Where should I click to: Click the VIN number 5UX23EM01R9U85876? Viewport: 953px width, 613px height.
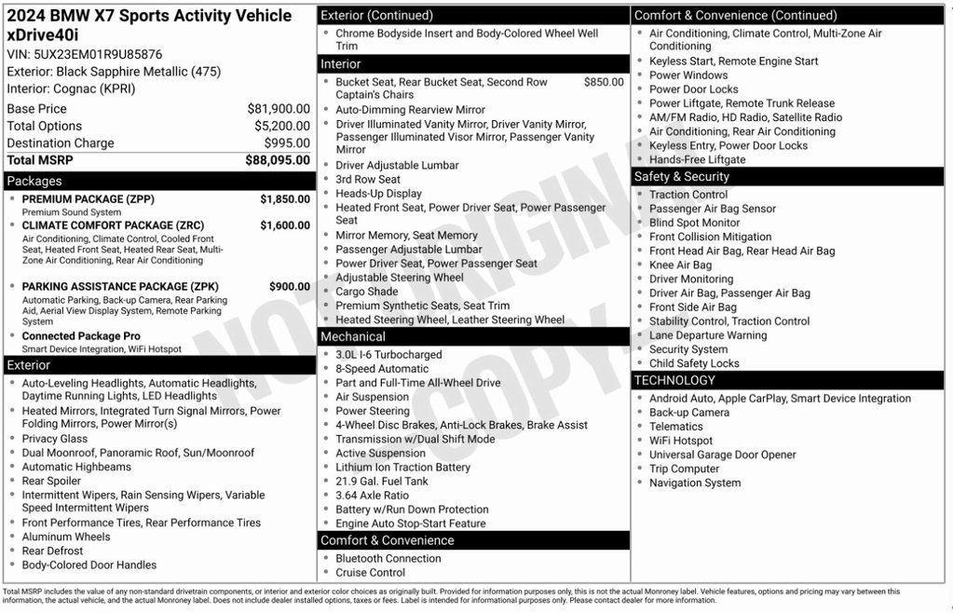(x=98, y=54)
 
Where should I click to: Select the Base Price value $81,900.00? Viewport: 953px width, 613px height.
(x=279, y=109)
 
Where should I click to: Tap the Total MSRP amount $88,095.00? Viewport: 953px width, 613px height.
(x=278, y=160)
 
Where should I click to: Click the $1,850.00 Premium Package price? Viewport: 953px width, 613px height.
(x=285, y=199)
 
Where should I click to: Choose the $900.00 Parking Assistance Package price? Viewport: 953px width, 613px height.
(x=290, y=287)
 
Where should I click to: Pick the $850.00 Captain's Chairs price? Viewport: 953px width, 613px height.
(x=604, y=82)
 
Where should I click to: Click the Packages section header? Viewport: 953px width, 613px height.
(x=34, y=181)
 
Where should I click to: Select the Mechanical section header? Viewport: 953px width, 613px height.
(x=352, y=336)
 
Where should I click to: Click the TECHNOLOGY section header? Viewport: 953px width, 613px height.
(x=674, y=380)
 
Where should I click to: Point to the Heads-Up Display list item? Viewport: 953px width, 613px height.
(x=378, y=194)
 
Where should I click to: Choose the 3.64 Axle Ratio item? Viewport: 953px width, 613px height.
(x=372, y=496)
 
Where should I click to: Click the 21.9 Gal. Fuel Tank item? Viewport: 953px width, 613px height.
(x=382, y=482)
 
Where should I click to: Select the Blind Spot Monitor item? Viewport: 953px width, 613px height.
(x=694, y=223)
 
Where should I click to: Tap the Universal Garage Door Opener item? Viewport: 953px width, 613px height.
(x=722, y=455)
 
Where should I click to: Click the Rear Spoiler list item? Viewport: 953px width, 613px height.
(x=51, y=482)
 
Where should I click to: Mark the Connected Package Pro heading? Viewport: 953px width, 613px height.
(x=81, y=336)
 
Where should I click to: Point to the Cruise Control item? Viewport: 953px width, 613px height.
(x=370, y=573)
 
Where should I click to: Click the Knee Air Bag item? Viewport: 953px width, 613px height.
(x=680, y=266)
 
